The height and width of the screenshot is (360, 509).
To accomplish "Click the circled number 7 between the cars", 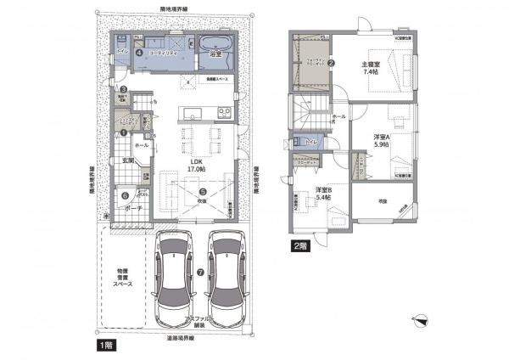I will pyautogui.click(x=200, y=273).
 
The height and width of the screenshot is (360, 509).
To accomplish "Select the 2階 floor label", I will pyautogui.click(x=298, y=246).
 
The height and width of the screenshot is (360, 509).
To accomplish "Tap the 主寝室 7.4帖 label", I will pyautogui.click(x=375, y=67).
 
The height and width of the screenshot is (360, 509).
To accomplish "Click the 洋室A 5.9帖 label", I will pyautogui.click(x=382, y=140).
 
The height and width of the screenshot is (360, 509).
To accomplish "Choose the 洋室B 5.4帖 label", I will pyautogui.click(x=323, y=193).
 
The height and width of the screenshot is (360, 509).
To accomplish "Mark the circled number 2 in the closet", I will pyautogui.click(x=333, y=63).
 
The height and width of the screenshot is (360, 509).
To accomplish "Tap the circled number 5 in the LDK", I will pyautogui.click(x=202, y=191).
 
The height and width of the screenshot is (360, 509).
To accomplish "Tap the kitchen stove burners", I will pyautogui.click(x=223, y=112).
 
